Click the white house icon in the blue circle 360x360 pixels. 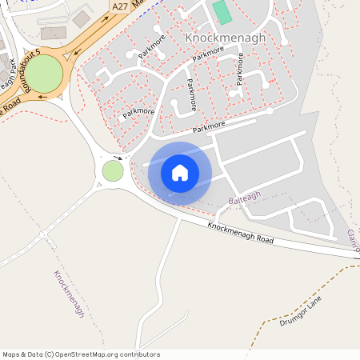180,172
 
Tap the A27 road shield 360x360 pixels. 120,6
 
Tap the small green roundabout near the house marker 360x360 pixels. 113,170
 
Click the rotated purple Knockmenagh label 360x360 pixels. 69,294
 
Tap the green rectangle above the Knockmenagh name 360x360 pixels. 222,12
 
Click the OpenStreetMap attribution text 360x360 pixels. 81,354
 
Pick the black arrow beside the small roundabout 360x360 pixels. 118,158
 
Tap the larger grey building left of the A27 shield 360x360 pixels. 54,33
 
